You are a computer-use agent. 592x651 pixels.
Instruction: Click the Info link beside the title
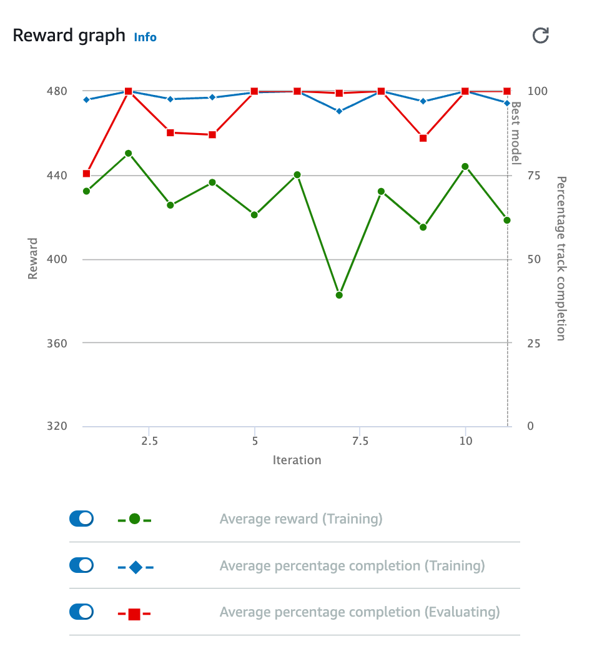(145, 37)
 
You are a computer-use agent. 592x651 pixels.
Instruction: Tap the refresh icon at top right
(540, 36)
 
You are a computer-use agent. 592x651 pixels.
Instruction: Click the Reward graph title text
(69, 35)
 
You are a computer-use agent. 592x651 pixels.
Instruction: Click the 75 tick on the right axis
(534, 176)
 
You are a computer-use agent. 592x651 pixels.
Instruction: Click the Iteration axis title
(297, 460)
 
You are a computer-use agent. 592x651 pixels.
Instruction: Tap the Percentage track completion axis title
(561, 258)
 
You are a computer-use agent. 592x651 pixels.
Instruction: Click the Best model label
(516, 133)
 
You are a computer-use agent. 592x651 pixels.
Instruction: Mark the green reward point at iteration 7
(339, 295)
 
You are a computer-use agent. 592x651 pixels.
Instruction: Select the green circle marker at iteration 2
(129, 153)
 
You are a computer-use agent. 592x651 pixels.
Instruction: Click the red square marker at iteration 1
(86, 174)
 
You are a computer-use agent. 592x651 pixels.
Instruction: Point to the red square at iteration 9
(423, 138)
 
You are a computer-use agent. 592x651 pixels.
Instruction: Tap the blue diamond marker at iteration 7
(339, 111)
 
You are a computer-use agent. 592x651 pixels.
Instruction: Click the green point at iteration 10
(465, 167)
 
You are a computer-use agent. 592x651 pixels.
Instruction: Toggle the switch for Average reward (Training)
(81, 518)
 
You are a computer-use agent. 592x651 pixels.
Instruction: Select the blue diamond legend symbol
(135, 567)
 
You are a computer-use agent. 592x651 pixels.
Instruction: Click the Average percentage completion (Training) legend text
(352, 566)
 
